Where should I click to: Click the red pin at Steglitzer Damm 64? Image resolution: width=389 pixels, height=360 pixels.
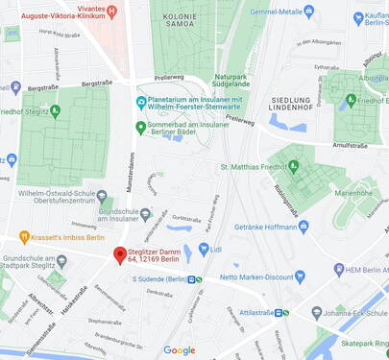coord(120,255)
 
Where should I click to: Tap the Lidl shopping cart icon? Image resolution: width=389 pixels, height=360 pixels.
coord(204,250)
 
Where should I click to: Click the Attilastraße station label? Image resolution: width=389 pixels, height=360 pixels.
coord(256,312)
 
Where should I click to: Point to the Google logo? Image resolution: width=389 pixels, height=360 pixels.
coord(179,350)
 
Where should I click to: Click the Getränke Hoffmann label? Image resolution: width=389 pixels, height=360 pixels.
coord(265,228)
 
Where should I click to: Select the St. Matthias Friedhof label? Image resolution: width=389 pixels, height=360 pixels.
coord(255,167)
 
